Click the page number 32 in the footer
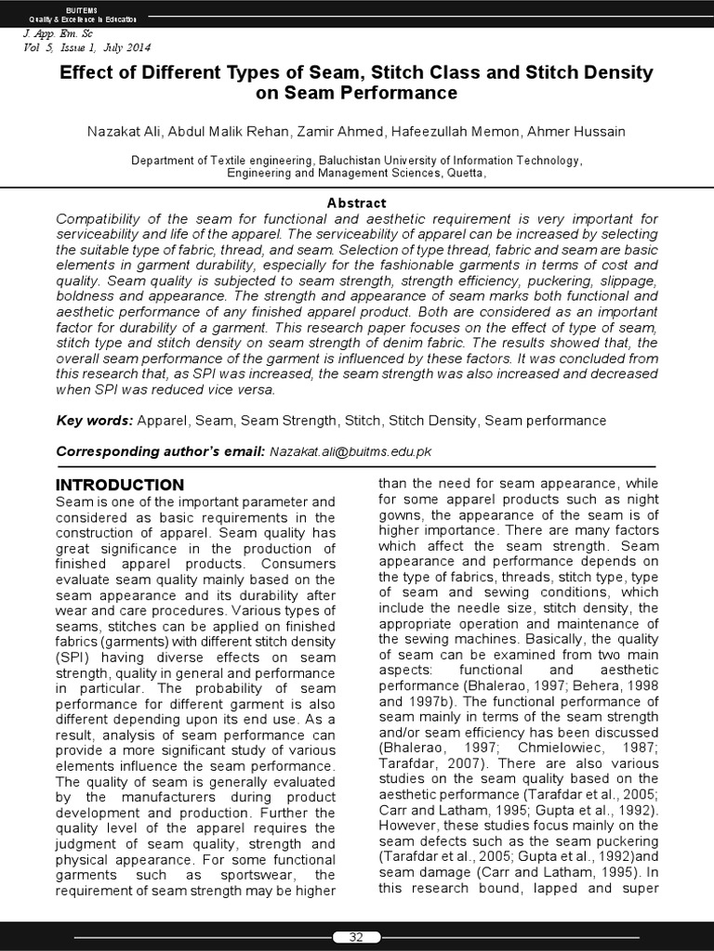pos(355,937)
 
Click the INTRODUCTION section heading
pos(120,485)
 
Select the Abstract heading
pos(356,202)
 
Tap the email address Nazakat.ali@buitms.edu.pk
pos(350,451)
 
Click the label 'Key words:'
pos(95,421)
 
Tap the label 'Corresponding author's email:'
pos(160,451)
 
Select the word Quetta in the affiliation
pos(463,173)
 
